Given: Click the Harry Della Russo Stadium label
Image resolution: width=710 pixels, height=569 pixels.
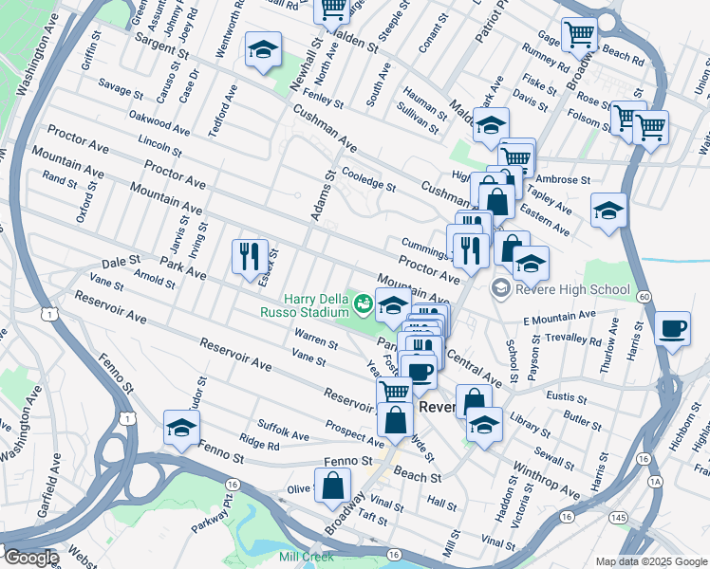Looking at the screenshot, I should (306, 304).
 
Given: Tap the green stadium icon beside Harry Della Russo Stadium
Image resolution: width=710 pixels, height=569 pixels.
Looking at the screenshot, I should (363, 304).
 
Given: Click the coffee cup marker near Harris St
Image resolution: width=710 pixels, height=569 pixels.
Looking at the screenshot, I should (673, 329).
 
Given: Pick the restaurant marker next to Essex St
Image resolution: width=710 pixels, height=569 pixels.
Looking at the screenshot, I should (250, 257).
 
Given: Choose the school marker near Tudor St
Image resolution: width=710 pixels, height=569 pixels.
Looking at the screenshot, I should (181, 429).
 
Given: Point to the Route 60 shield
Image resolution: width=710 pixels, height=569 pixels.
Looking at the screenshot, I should (644, 297).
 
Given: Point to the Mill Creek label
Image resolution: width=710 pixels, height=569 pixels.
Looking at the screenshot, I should (305, 557).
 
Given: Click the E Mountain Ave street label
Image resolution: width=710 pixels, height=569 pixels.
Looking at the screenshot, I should (558, 316).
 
